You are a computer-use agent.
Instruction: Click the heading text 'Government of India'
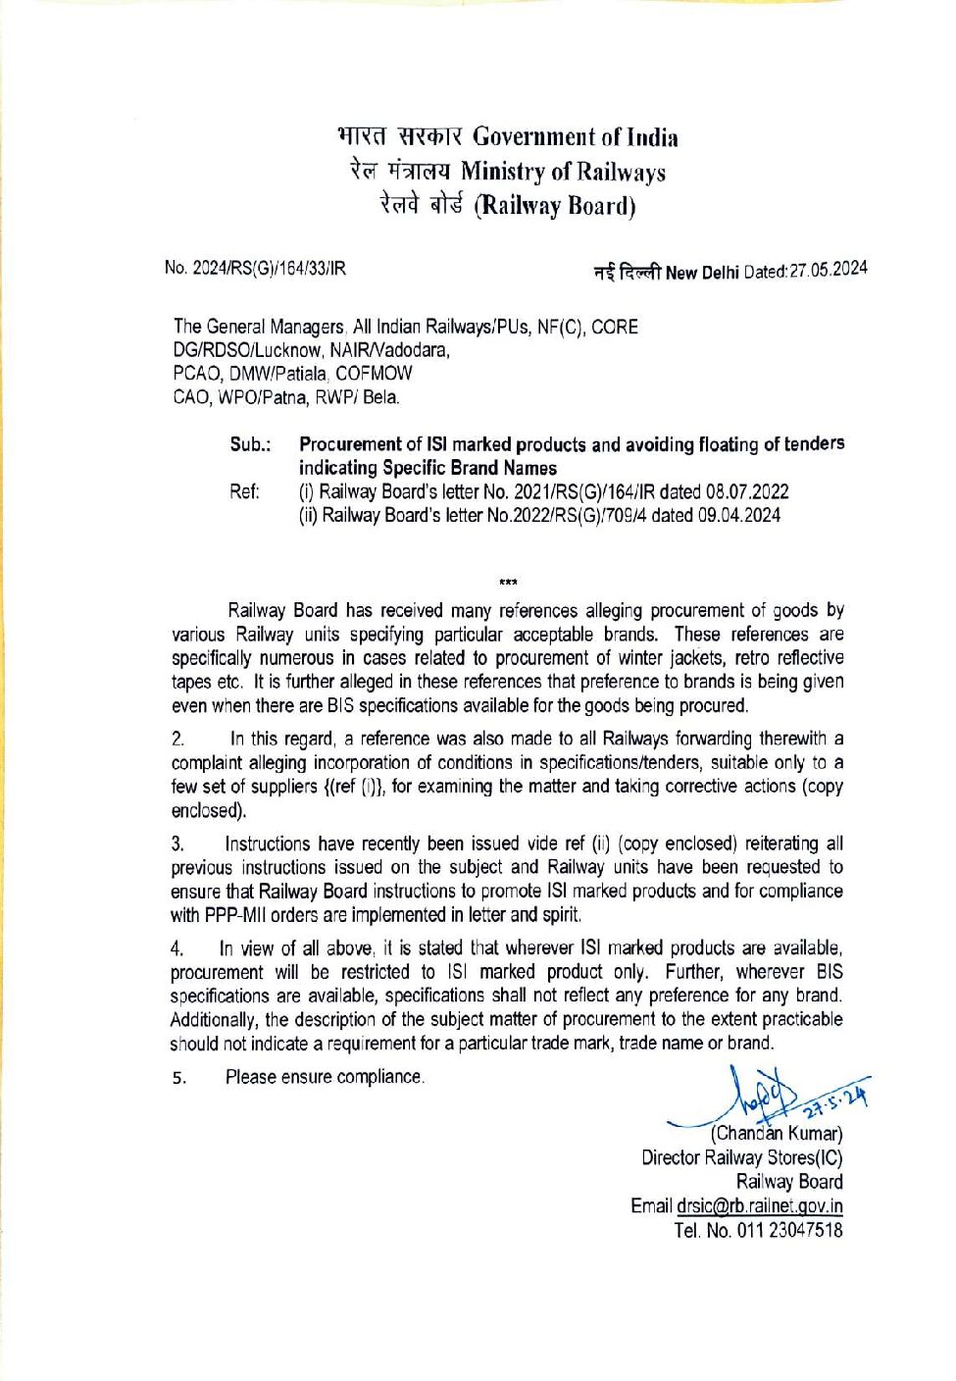(x=575, y=137)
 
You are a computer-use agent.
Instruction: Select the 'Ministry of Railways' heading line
(x=563, y=172)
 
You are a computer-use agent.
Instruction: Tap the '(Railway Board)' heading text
(x=555, y=206)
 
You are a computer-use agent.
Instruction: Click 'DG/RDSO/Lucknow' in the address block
(x=247, y=350)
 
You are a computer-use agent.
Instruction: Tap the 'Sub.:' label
(x=250, y=444)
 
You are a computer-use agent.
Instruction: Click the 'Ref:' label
(x=245, y=491)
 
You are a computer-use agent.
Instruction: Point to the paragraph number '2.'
(x=177, y=740)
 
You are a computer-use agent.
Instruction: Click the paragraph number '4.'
(x=177, y=948)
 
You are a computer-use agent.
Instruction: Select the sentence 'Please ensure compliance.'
(x=325, y=1077)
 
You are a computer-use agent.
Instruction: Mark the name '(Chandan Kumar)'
(x=777, y=1134)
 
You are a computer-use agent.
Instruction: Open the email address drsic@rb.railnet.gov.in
(x=759, y=1206)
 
